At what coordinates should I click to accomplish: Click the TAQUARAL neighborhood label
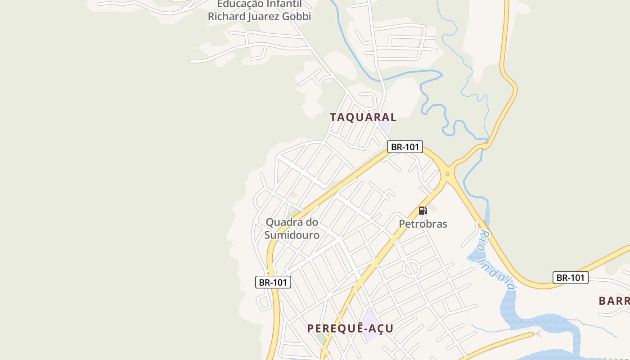[x=363, y=117]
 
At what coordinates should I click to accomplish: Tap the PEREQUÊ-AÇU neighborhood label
[x=350, y=328]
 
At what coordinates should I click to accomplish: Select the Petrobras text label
[x=423, y=224]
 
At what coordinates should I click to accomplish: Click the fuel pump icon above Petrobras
[x=422, y=211]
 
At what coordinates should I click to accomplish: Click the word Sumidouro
[x=292, y=235]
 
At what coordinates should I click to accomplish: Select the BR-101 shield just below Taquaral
[x=405, y=147]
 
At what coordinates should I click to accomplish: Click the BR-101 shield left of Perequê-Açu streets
[x=273, y=283]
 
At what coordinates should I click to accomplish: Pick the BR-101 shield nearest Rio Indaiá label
[x=570, y=278]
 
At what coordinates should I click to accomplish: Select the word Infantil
[x=283, y=4]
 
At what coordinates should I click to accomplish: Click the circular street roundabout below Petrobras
[x=410, y=269]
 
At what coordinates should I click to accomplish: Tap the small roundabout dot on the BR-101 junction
[x=447, y=174]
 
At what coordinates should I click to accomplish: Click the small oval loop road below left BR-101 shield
[x=262, y=302]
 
